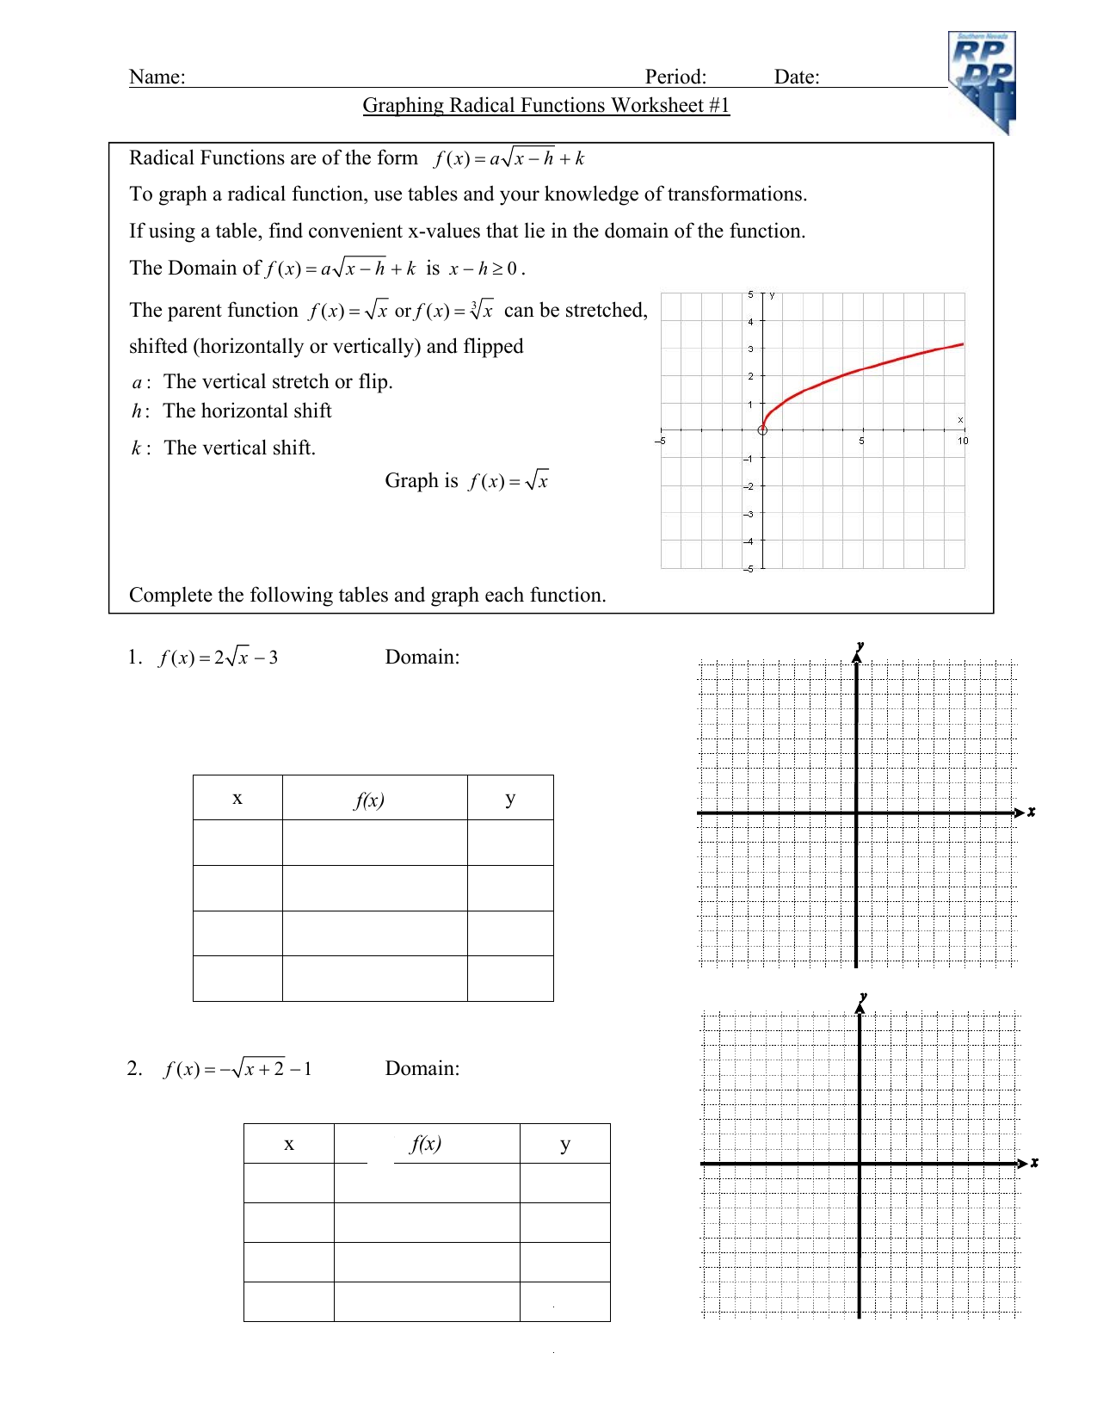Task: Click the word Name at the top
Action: (157, 77)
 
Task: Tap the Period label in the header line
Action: (675, 77)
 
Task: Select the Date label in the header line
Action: (796, 77)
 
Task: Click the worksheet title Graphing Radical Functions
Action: (545, 105)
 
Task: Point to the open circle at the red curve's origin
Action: (762, 429)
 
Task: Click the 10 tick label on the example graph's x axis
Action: (962, 441)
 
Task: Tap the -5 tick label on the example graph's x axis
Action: (660, 441)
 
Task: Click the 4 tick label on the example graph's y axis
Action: (750, 322)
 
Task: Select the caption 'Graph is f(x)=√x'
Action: (465, 480)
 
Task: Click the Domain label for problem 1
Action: (422, 658)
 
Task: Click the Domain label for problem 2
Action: (422, 1069)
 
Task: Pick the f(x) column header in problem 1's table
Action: (370, 800)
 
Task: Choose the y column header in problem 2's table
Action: (564, 1144)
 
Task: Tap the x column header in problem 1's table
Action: (237, 799)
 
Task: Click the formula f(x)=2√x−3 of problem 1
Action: (218, 658)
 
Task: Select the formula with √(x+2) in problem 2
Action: (237, 1069)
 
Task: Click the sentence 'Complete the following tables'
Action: (367, 595)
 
